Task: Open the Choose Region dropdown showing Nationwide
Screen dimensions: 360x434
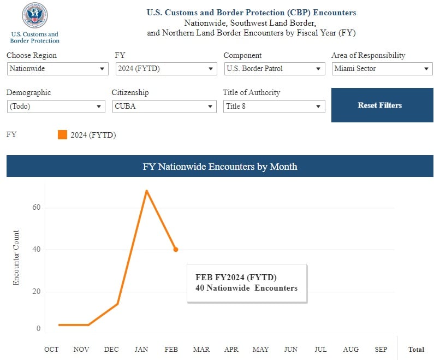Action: pos(57,69)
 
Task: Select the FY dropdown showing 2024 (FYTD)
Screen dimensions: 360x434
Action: pos(166,69)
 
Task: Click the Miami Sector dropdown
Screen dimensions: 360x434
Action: pos(382,69)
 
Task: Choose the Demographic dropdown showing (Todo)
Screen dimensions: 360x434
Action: pos(55,107)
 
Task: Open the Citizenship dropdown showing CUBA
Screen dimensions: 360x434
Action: pos(164,107)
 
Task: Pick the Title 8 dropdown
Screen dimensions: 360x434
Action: pos(274,107)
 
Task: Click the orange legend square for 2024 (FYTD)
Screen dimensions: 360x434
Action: pos(62,135)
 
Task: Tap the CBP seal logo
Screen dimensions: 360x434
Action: pos(34,16)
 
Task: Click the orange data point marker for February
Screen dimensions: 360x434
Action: pos(176,250)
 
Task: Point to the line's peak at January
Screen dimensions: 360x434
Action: pos(146,191)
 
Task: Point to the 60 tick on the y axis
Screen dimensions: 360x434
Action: pos(36,208)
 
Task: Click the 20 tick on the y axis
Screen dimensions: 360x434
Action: pos(36,292)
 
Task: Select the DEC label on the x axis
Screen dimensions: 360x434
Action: pos(111,350)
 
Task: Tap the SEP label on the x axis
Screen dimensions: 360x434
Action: pos(381,350)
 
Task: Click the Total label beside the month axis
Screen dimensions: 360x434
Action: pos(416,350)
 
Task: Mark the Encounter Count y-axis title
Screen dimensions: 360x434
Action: pos(16,257)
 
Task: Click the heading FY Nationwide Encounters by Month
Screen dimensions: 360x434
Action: pos(219,167)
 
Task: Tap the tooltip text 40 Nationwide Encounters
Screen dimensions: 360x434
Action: pos(246,288)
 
